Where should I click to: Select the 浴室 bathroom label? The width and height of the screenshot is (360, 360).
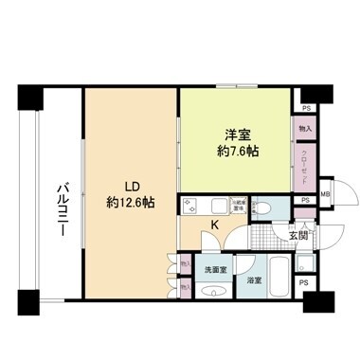[x=255, y=280]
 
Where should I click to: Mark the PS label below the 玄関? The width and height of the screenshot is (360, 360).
[x=303, y=283]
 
